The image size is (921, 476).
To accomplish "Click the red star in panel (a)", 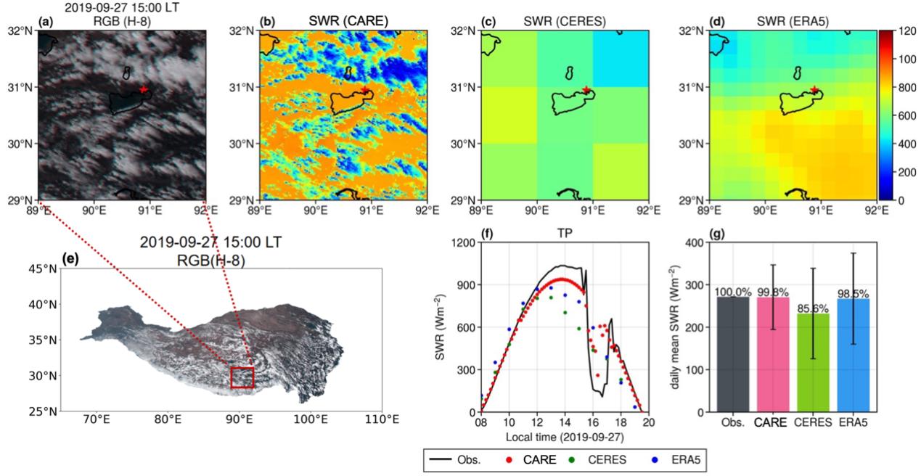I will (x=144, y=89).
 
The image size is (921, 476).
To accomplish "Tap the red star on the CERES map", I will (x=586, y=90).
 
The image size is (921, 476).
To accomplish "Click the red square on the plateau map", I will (x=242, y=377).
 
